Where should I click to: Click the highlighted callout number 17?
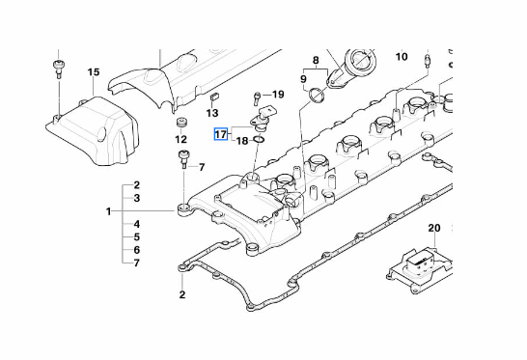point(221,134)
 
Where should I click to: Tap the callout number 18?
point(242,141)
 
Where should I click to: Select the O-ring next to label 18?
point(259,138)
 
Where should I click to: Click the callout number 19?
point(278,95)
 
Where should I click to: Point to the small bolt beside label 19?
point(257,97)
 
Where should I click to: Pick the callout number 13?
point(212,113)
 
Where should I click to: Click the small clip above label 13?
point(214,97)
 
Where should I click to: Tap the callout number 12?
point(180,139)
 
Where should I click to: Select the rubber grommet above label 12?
point(181,123)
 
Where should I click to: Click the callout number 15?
point(94,72)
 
